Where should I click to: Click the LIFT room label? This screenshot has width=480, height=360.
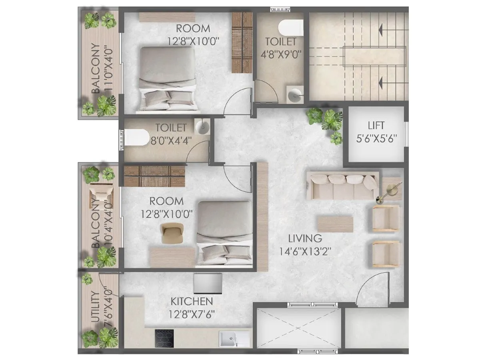tap(376, 126)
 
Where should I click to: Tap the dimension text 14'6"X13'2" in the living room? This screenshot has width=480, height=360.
tap(305, 252)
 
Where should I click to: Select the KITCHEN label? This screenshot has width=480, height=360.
tap(192, 301)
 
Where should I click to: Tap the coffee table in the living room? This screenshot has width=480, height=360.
tap(335, 224)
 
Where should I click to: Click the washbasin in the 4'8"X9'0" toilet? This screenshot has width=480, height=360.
tap(295, 95)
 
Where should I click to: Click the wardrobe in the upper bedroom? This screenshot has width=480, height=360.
tap(242, 42)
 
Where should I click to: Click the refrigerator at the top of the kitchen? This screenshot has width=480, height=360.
tap(208, 283)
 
